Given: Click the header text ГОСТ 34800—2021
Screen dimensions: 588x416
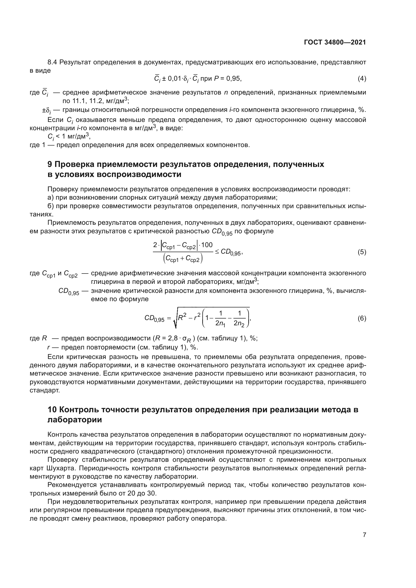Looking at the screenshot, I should click(335, 42).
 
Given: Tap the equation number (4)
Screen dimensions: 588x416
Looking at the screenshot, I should click(362, 79).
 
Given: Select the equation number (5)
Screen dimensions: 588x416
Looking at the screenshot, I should click(362, 252).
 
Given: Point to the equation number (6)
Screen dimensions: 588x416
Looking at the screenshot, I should click(362, 318).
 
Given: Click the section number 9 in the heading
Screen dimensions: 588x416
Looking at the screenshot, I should click(50, 164).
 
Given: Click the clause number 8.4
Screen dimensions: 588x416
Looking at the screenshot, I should click(52, 62).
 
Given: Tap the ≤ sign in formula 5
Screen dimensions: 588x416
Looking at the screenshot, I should click(217, 252).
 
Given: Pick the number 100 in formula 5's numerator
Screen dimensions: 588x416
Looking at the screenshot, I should click(207, 245).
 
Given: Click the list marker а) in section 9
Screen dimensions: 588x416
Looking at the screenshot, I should click(51, 197).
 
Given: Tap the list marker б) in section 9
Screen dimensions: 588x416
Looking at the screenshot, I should click(51, 206).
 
